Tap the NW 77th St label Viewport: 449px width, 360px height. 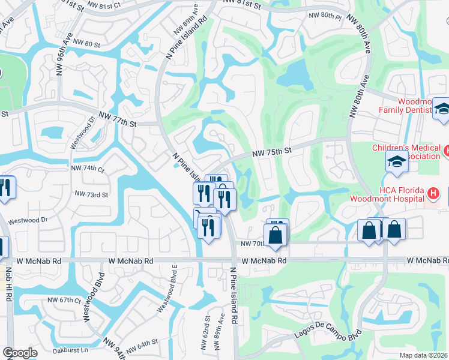[x=118, y=119]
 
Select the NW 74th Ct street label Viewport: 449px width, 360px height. [x=87, y=169]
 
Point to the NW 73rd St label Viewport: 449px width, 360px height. [x=91, y=194]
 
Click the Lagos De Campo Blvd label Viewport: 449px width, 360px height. [x=327, y=338]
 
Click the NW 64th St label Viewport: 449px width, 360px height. [x=142, y=344]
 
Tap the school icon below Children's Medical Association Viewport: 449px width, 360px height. [x=396, y=162]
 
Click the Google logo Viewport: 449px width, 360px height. [x=20, y=353]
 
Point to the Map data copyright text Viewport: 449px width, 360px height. [x=423, y=355]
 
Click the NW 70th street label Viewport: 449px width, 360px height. [x=253, y=244]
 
